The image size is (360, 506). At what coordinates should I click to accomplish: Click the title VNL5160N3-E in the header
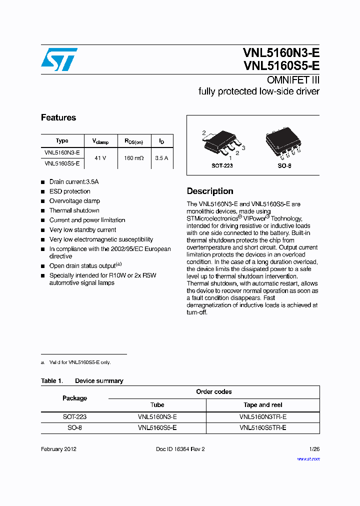281,52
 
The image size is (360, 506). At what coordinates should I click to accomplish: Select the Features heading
58,117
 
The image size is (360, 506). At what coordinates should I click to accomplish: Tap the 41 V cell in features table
100,158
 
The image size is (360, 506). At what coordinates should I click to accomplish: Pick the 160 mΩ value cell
133,158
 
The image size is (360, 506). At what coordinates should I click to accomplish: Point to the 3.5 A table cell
161,158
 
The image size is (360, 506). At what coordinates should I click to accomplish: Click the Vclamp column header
100,141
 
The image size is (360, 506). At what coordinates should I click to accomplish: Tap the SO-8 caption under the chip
284,165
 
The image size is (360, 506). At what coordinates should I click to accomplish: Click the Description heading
210,191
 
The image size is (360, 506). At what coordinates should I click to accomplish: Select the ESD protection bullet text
70,191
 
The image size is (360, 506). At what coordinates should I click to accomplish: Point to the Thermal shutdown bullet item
74,210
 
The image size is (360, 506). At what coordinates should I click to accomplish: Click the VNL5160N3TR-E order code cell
263,416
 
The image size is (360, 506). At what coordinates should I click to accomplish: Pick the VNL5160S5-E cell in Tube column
157,428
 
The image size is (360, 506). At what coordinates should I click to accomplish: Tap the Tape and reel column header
263,405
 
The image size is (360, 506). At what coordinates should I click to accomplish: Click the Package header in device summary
74,398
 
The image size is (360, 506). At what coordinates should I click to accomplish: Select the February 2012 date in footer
58,449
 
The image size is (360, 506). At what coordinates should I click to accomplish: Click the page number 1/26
314,449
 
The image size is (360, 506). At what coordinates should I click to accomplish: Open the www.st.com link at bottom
308,458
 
